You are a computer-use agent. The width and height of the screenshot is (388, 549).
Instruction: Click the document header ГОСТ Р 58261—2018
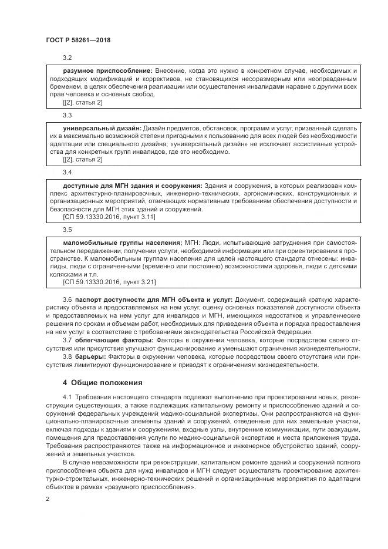(77, 39)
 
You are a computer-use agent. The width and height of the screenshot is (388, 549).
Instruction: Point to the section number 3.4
(67, 173)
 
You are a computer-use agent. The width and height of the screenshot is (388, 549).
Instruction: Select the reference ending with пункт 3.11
(109, 217)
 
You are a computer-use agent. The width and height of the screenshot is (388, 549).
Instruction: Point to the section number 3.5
(67, 230)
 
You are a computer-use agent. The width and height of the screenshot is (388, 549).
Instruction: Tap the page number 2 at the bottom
(48, 499)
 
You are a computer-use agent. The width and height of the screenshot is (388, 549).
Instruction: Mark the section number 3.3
(67, 115)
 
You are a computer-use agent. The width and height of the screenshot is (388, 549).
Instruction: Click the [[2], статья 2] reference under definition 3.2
(82, 103)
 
